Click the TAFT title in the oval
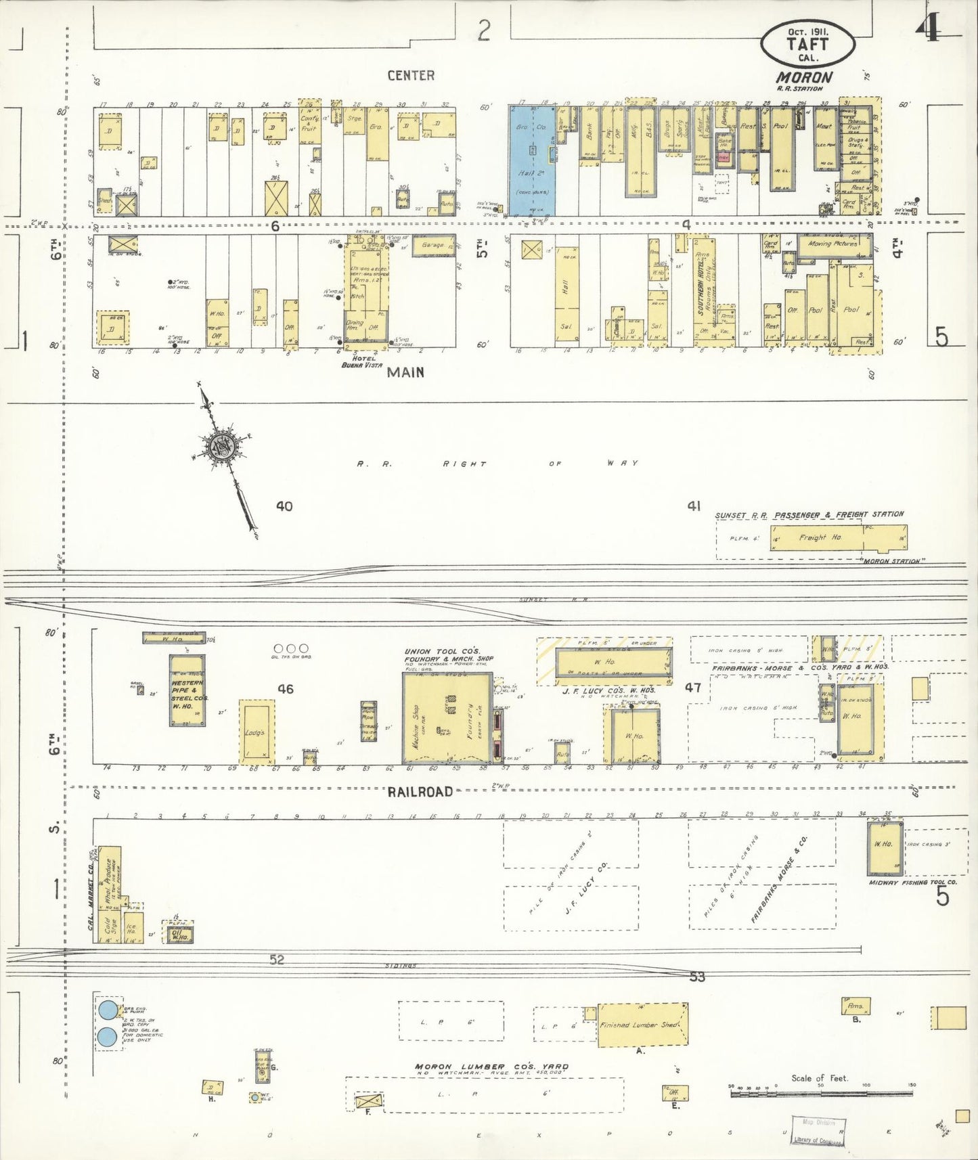[807, 44]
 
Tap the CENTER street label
[411, 76]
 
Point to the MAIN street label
[405, 372]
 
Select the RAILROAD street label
[420, 792]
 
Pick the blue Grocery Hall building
[531, 160]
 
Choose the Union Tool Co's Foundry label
[449, 655]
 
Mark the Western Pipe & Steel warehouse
[187, 690]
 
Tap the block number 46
[286, 689]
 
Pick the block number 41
[694, 506]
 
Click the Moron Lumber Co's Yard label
[491, 1067]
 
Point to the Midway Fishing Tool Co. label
[913, 883]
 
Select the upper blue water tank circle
[108, 1010]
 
